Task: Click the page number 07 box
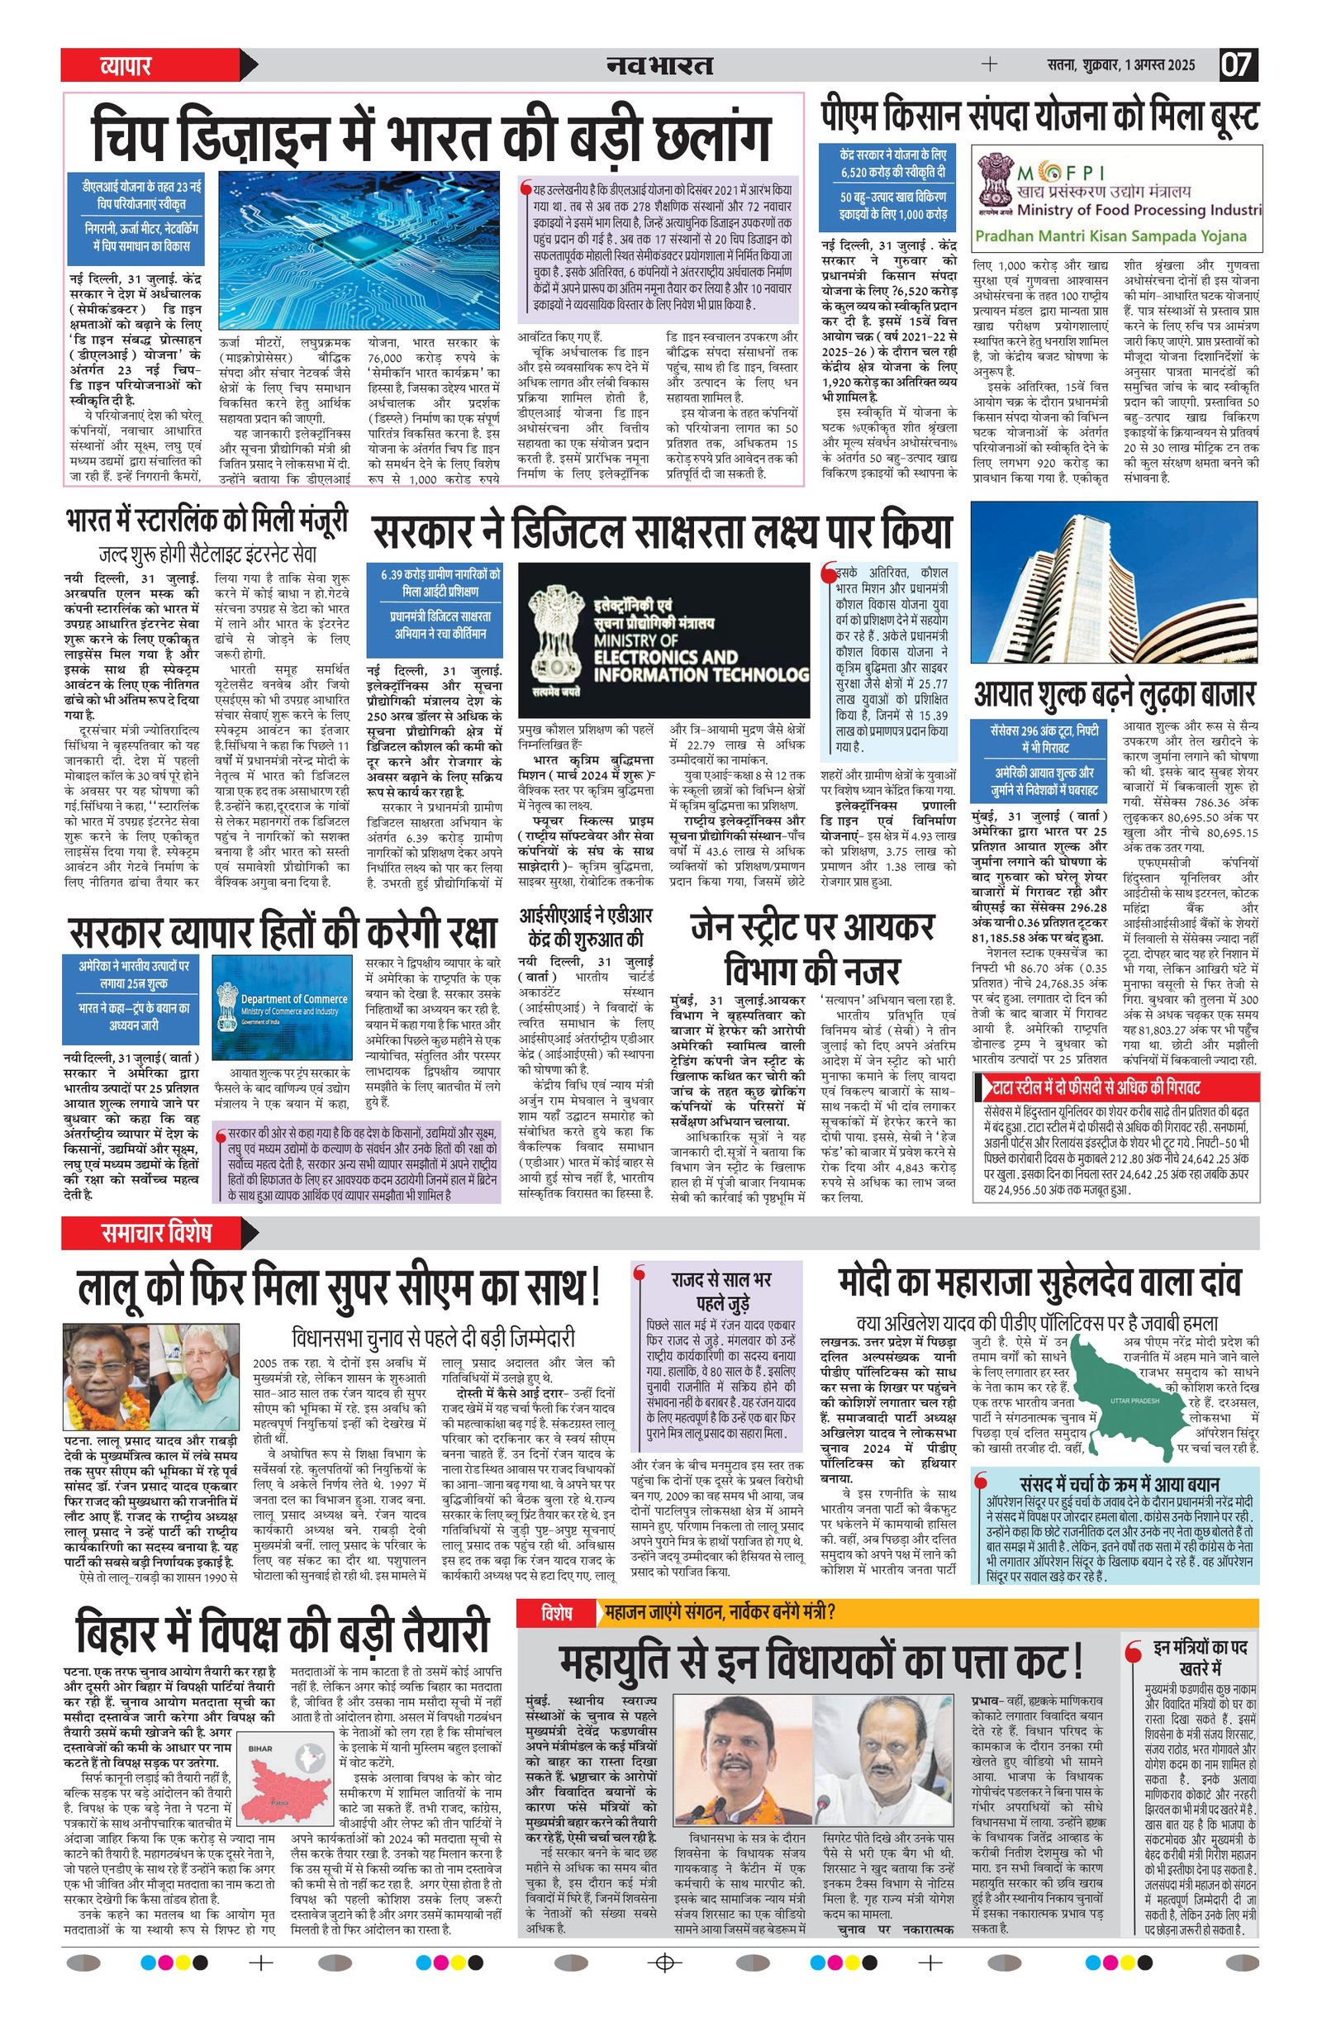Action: tap(1238, 65)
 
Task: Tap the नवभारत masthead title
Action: tap(659, 65)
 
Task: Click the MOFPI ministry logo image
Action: tap(1116, 197)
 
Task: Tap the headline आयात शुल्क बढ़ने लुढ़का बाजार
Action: tap(1114, 693)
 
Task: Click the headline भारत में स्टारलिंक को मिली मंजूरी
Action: tap(207, 521)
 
